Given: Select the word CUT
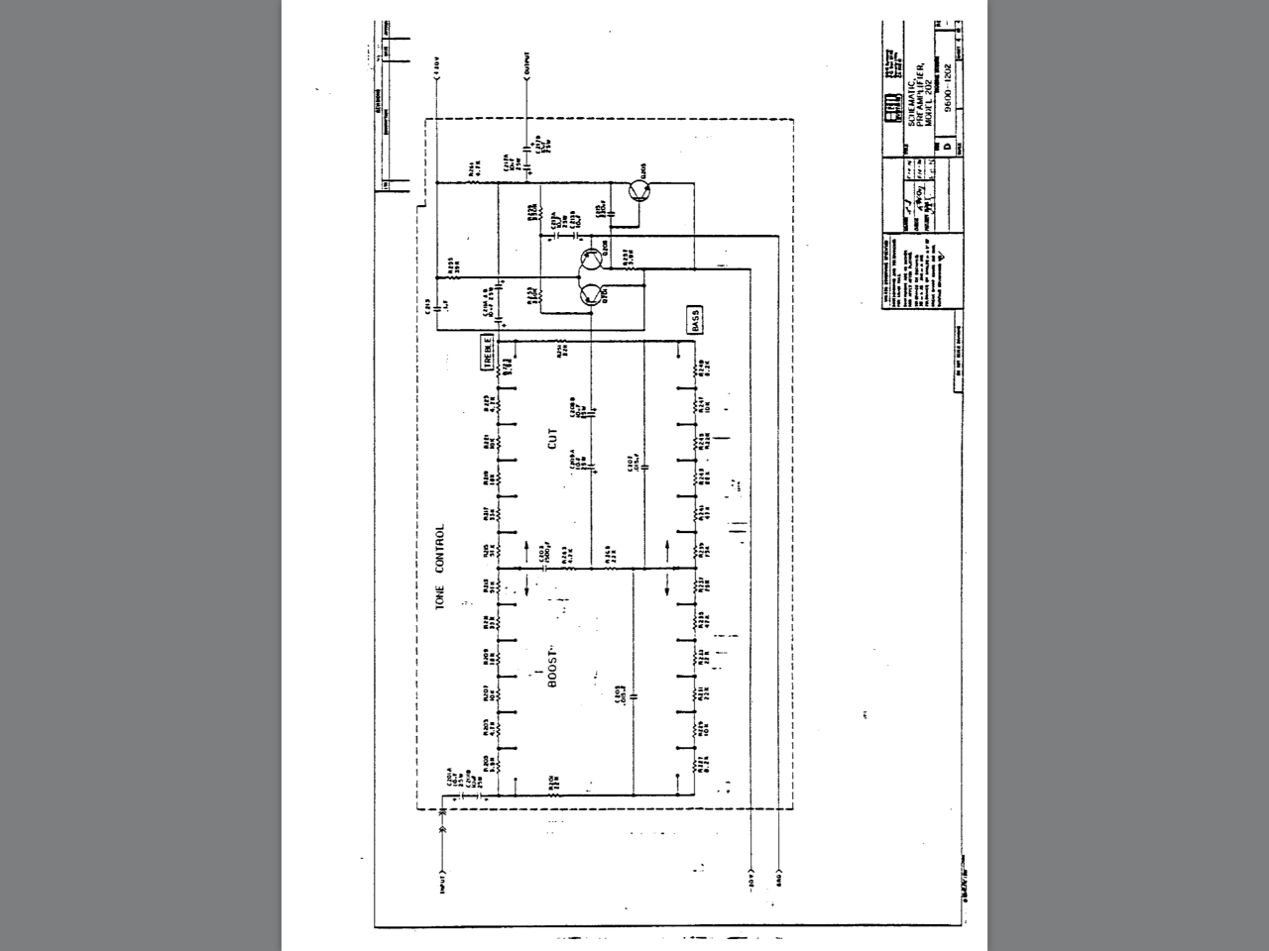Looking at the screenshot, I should point(553,438).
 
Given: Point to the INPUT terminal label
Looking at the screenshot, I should point(442,881).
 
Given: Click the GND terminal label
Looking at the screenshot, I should point(780,880).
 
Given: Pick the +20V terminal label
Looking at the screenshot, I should point(437,67).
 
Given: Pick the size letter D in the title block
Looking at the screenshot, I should point(946,146).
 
